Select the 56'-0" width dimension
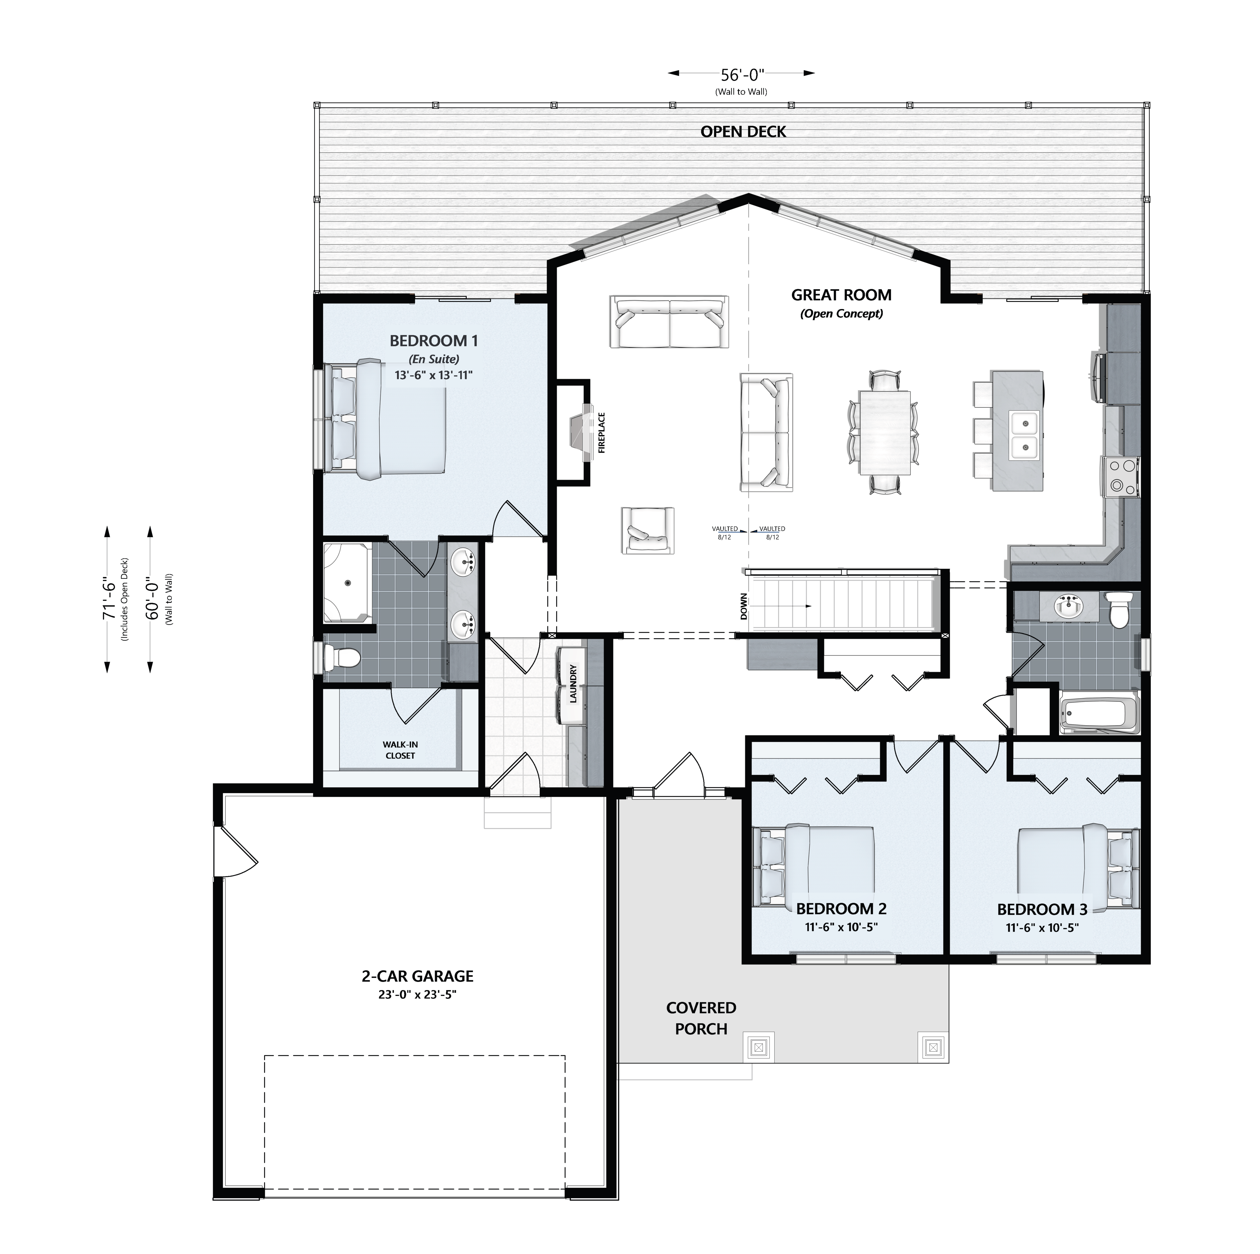coord(742,74)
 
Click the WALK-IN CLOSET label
coord(400,750)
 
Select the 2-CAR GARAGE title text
coord(417,976)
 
